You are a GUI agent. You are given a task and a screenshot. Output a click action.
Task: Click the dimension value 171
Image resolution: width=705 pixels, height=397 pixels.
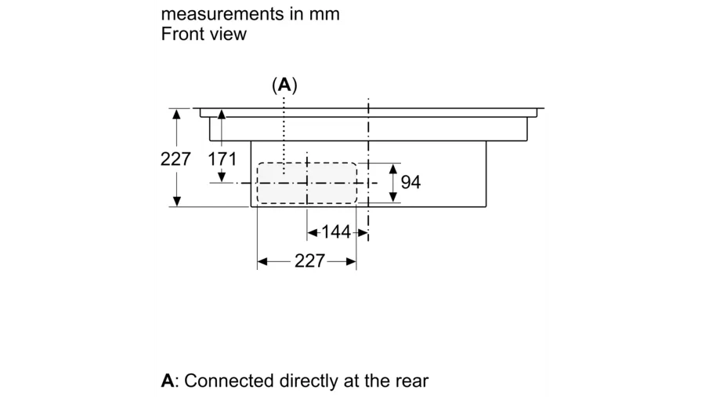tap(222, 159)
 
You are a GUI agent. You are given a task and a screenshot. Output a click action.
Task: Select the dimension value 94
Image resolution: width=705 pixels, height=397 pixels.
tap(410, 182)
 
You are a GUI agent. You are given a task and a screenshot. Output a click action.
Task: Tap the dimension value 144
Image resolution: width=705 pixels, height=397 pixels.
tap(336, 232)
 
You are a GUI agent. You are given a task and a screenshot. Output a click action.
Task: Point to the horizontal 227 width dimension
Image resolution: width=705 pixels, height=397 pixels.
tap(309, 261)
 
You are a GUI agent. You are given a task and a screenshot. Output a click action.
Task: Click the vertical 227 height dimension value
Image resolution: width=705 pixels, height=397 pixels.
tap(176, 158)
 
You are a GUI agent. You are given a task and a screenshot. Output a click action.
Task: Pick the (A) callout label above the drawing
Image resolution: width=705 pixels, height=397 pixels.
tap(284, 85)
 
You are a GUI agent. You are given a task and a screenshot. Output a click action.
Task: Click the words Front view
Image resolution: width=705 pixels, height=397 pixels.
tap(204, 34)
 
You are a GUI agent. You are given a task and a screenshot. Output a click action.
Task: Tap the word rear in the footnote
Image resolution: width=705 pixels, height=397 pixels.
tap(410, 381)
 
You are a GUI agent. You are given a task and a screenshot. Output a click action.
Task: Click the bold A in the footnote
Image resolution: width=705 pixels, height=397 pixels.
tap(167, 381)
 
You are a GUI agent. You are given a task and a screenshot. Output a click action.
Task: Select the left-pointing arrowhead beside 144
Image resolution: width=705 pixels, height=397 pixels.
tap(312, 232)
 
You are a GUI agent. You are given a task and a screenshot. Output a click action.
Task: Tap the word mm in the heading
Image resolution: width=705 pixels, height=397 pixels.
tap(325, 14)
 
